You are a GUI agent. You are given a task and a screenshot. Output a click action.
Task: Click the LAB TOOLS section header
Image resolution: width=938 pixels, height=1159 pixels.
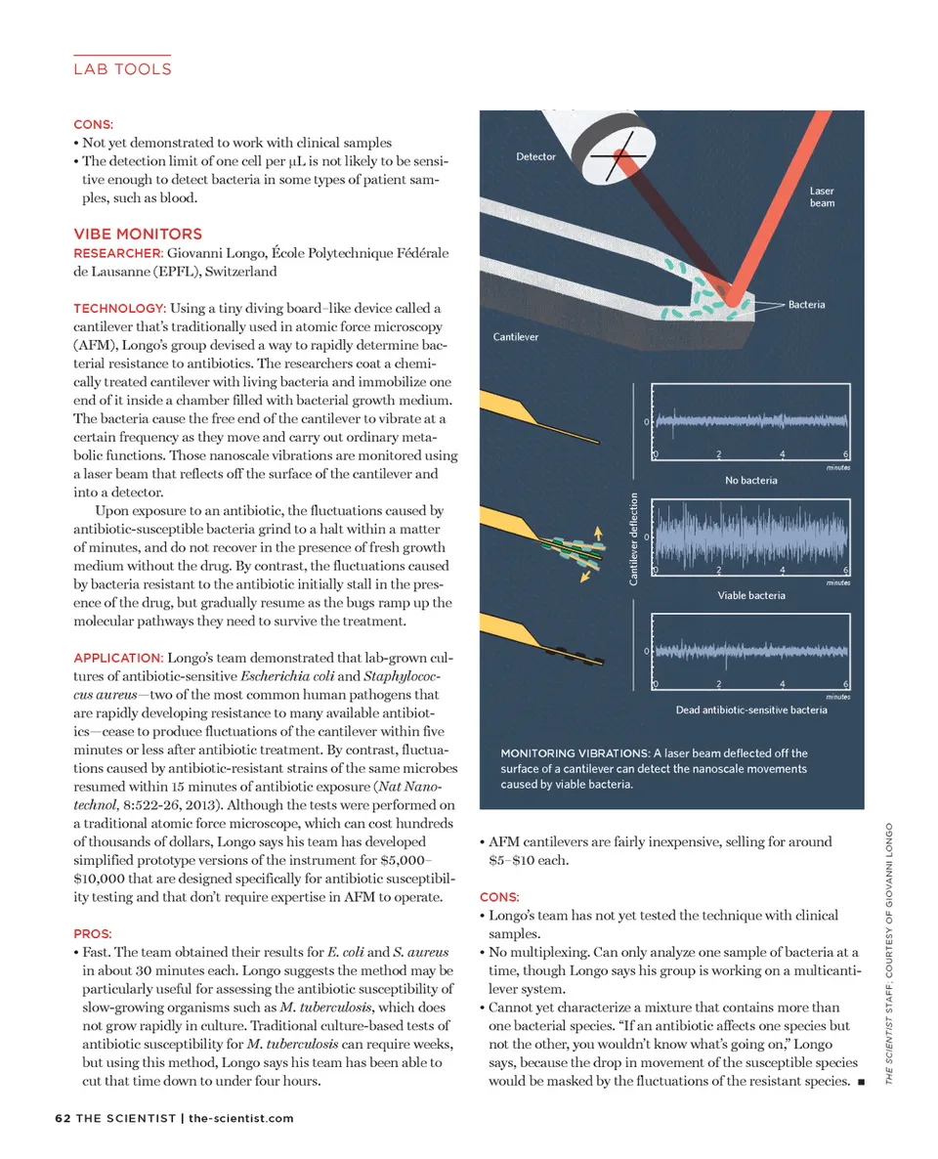coord(122,68)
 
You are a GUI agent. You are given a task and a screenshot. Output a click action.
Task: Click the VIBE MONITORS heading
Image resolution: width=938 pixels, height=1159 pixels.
coord(138,234)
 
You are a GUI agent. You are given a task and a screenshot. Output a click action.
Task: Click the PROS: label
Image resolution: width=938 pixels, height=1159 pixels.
coord(93,933)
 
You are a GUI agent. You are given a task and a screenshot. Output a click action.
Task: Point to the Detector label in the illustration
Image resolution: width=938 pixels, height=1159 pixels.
coord(535,156)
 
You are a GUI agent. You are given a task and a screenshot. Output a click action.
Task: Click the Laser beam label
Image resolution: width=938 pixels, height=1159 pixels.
coord(821,196)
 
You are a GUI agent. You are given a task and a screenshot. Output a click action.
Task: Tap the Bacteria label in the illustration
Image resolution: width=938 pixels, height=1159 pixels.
coord(806,305)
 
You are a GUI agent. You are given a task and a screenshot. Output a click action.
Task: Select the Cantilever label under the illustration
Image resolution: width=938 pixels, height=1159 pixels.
coord(515,337)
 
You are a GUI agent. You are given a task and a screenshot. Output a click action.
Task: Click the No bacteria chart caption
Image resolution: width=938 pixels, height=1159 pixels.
coord(750,481)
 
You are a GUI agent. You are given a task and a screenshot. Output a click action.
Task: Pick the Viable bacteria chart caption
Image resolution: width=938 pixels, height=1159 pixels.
coord(750,595)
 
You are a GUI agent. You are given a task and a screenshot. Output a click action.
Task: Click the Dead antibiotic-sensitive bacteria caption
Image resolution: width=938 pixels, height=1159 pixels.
coord(750,709)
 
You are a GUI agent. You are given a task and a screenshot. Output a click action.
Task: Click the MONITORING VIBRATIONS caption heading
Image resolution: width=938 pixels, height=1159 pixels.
coord(574,753)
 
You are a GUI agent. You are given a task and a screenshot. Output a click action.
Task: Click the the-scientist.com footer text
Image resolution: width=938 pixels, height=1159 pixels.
coord(240,1118)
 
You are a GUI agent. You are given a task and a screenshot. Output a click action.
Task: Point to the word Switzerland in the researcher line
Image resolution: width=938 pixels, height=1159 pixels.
coord(241,271)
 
